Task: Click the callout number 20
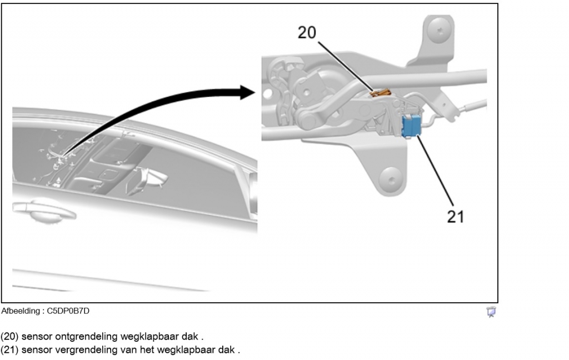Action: coord(306,33)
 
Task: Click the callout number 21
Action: coord(456,216)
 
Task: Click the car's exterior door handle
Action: coord(44,210)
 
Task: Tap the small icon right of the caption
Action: coord(491,313)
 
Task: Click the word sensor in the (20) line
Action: coord(36,337)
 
